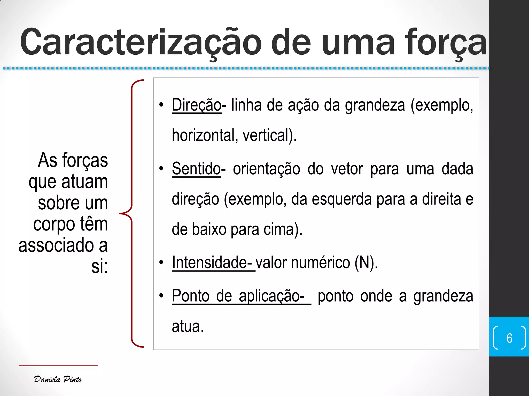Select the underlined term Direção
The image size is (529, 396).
[197, 105]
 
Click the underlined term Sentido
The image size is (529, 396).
[196, 169]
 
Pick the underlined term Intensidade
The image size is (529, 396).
[212, 263]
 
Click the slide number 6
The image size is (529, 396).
[509, 338]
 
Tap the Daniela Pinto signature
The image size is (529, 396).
[58, 379]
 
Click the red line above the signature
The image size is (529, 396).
[58, 366]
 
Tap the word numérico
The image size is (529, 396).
[321, 263]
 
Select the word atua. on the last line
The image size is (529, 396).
[188, 326]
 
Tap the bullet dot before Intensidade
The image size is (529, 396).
[161, 263]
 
